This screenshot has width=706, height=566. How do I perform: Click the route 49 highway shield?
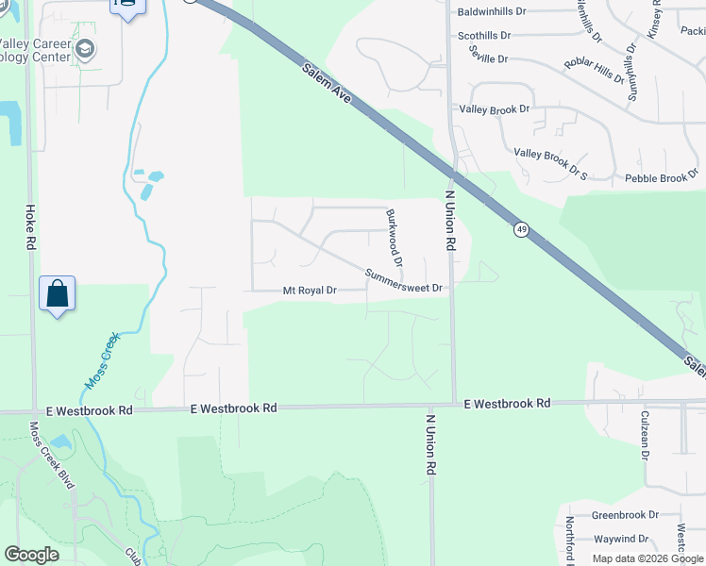pos(521,229)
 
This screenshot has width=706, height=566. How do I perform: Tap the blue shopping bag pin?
pos(58,293)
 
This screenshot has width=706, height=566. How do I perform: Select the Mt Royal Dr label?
pos(310,291)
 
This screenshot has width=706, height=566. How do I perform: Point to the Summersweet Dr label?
pos(404,281)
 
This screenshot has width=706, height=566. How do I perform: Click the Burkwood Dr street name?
pos(394,237)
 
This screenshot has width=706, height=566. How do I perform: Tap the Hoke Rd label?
pos(30,228)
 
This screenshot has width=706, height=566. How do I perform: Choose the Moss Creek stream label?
pos(104,360)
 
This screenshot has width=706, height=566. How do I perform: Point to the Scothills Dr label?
pos(483,36)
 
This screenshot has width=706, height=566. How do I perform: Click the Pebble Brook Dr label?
pos(661,177)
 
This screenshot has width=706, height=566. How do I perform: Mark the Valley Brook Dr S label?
pos(550,164)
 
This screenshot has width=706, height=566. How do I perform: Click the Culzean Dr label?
pos(647,441)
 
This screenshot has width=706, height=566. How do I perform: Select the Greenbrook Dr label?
pos(625,515)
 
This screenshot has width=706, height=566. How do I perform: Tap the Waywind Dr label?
pos(620,539)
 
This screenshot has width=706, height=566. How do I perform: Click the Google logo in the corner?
pos(31,555)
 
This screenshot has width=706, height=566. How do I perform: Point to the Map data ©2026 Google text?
pos(647,558)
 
